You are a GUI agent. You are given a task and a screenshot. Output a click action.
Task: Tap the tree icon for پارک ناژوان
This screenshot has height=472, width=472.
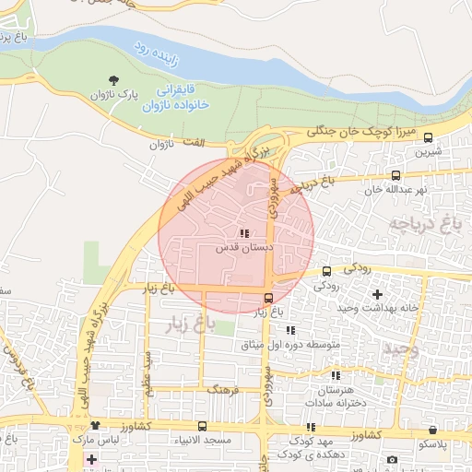tap(113, 81)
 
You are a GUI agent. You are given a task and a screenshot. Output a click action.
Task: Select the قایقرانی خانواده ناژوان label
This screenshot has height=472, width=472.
tap(177, 99)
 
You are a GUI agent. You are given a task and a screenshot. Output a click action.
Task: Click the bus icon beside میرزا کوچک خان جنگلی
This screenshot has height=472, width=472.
tap(428, 136)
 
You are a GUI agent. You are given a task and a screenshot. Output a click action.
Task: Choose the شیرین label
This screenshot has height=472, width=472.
tap(431, 151)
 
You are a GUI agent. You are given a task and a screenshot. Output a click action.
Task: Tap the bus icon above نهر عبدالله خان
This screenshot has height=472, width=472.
tap(395, 175)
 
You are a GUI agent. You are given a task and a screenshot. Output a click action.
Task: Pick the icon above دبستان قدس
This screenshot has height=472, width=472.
tap(244, 233)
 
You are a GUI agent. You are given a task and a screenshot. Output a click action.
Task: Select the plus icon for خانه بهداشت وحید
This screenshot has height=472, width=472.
tap(376, 294)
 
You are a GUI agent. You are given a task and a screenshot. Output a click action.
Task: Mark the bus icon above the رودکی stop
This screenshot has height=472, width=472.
tap(326, 271)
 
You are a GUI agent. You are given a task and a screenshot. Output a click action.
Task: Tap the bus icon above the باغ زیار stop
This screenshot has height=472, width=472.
tap(268, 298)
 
